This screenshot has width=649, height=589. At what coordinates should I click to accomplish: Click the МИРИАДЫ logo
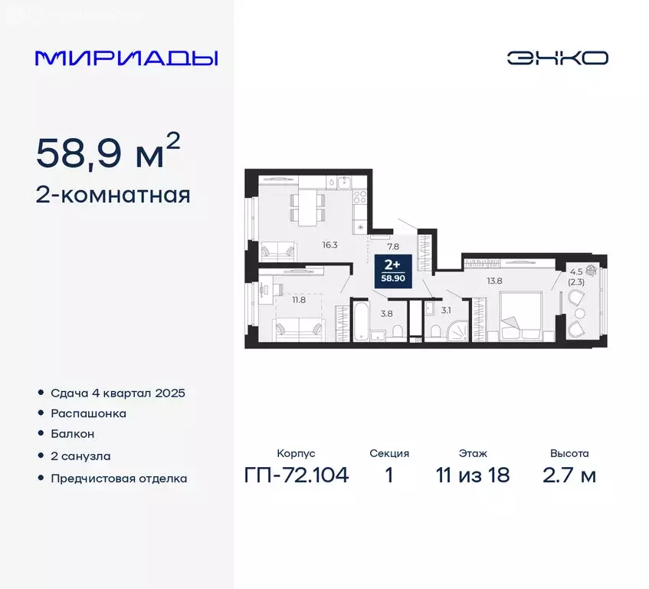point(126,58)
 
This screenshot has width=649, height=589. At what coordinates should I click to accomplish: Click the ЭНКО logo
point(557,58)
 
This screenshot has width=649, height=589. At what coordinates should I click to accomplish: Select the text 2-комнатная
point(113,195)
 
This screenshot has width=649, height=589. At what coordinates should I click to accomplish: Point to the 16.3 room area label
point(330,245)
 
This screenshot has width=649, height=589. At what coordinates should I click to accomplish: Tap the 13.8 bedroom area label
point(494,281)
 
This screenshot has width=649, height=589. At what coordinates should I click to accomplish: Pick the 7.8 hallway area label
point(393,246)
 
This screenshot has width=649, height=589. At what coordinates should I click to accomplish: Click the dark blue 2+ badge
point(396,271)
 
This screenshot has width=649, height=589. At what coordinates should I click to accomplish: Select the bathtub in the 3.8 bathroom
point(360,322)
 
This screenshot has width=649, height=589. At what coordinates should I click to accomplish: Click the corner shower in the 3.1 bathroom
point(457,331)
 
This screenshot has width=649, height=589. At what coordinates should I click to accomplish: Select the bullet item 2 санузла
point(80,456)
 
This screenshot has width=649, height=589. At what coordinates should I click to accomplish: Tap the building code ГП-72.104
point(297,475)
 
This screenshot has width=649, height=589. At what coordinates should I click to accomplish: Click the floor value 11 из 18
point(474,475)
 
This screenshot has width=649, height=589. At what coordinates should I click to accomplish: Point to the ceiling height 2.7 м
point(569,475)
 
